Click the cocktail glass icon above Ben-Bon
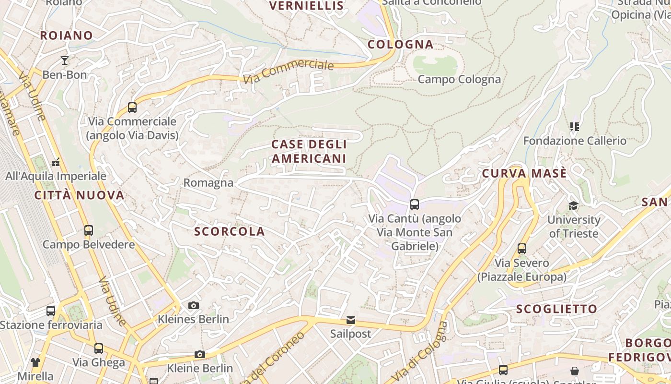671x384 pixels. pyautogui.click(x=65, y=60)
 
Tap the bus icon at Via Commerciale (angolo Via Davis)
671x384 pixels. pyautogui.click(x=132, y=108)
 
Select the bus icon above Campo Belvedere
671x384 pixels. pyautogui.click(x=89, y=230)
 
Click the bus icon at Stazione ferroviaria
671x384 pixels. pyautogui.click(x=51, y=311)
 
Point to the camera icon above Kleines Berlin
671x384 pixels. pyautogui.click(x=194, y=306)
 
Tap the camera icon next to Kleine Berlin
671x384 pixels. pyautogui.click(x=200, y=355)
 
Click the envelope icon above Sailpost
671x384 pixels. pyautogui.click(x=351, y=320)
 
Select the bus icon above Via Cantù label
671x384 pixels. pyautogui.click(x=415, y=204)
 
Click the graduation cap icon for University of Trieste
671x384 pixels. pyautogui.click(x=573, y=206)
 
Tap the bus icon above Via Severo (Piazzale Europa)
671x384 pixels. pyautogui.click(x=522, y=249)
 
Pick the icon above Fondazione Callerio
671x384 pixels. pyautogui.click(x=575, y=127)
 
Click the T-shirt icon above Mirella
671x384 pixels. pyautogui.click(x=35, y=362)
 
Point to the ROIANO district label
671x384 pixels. pyautogui.click(x=66, y=36)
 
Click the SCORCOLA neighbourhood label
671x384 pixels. pyautogui.click(x=230, y=231)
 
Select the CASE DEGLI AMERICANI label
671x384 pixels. pyautogui.click(x=309, y=151)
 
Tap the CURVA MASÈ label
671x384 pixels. pyautogui.click(x=524, y=173)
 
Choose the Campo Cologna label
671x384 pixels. pyautogui.click(x=459, y=79)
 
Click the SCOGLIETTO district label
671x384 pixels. pyautogui.click(x=557, y=309)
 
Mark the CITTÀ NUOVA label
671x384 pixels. pyautogui.click(x=80, y=195)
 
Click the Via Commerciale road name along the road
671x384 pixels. pyautogui.click(x=288, y=72)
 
